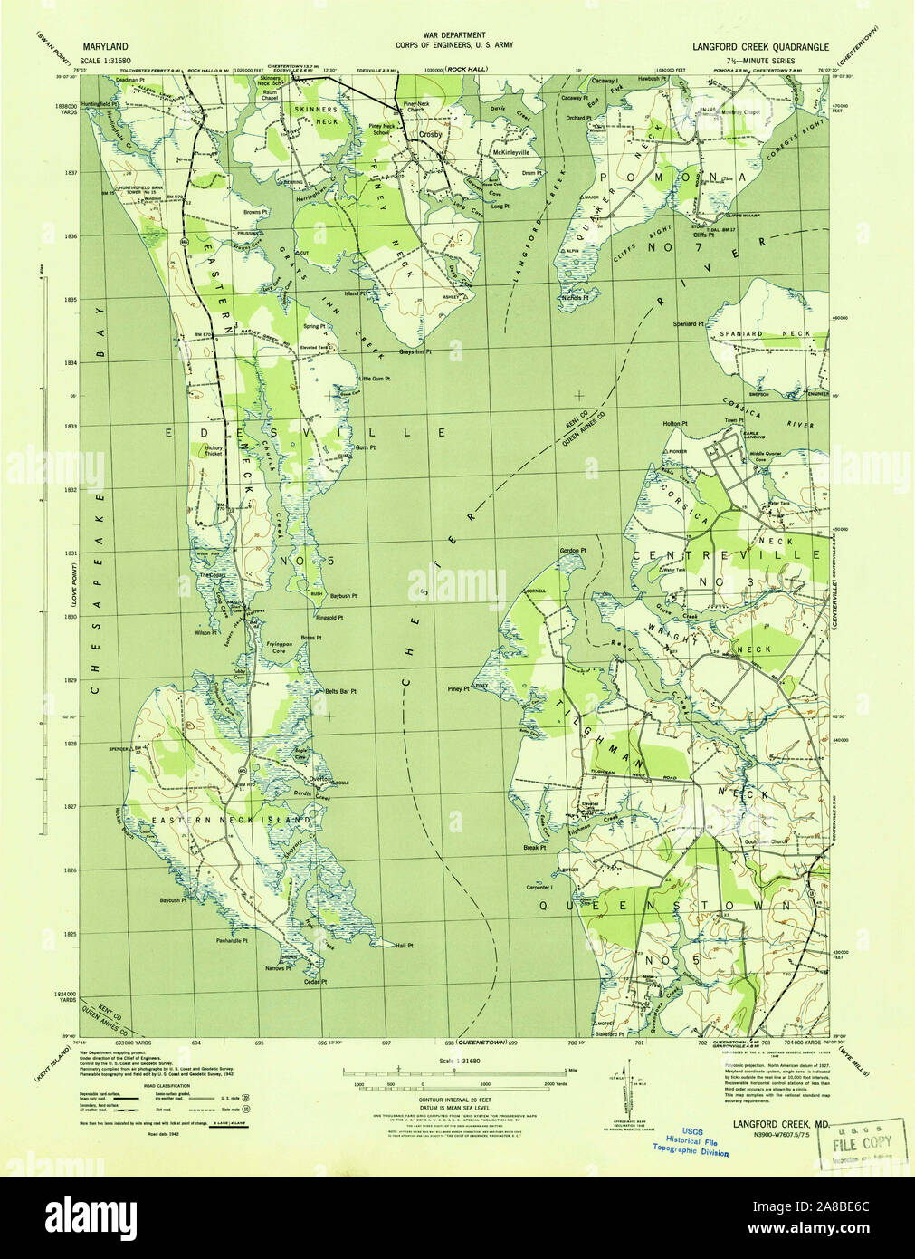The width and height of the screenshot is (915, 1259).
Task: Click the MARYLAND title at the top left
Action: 105,44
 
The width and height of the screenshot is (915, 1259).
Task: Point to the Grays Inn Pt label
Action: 415,351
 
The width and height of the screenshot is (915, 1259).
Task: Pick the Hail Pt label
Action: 405,945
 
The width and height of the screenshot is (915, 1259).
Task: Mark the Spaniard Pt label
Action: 688,323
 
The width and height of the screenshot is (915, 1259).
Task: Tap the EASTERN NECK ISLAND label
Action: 231,820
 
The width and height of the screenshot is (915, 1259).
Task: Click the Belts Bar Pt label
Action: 340,691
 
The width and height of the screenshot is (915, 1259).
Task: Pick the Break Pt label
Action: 535,848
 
